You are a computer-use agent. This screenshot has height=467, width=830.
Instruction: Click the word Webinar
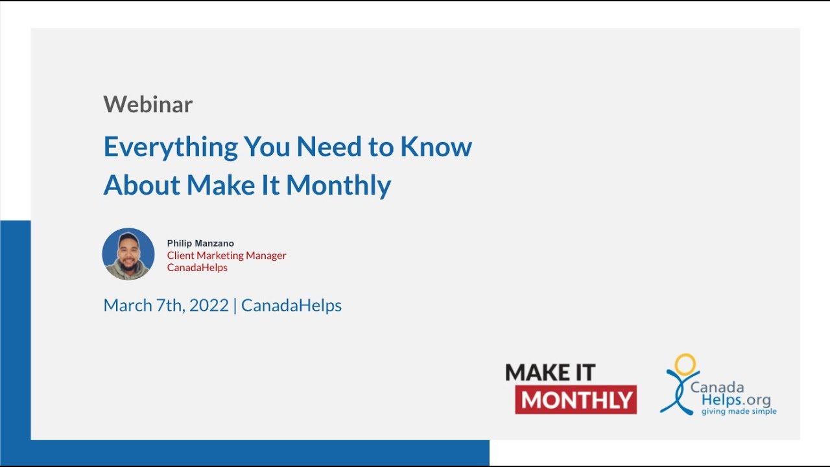pos(148,104)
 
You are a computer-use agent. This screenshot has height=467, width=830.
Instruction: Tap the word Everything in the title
pos(171,147)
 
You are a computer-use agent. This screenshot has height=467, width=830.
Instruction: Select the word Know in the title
pos(436,147)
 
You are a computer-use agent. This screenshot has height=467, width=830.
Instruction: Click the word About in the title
pos(141,185)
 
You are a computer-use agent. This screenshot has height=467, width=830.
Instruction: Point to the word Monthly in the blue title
pos(338,186)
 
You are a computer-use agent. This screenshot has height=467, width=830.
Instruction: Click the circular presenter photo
pos(128,254)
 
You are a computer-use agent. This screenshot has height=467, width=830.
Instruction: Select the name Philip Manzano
pos(200,243)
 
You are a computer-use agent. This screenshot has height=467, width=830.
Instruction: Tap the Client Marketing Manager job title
pos(226,256)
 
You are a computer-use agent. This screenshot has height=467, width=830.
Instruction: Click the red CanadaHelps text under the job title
pos(197,267)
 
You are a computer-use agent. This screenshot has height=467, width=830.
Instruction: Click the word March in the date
pos(127,305)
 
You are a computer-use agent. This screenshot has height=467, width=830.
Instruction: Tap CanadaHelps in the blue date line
pos(291,305)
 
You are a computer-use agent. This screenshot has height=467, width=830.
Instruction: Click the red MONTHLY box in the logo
pos(576,400)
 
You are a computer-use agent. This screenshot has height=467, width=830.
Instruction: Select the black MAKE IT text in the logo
pos(550,372)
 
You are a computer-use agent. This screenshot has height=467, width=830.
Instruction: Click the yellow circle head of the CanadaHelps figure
pos(685,364)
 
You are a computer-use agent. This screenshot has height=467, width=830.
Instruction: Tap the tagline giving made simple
pos(739,411)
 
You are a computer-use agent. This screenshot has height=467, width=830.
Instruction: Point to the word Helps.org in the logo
pos(736,400)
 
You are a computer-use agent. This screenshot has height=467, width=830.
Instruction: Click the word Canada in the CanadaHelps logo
pos(717,387)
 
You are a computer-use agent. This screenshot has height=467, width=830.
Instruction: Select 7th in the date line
pos(169,305)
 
